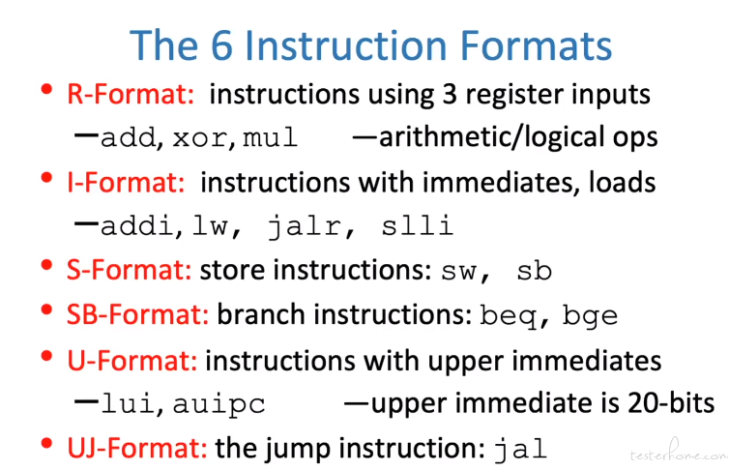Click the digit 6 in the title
coord(221,45)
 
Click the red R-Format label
coord(131,94)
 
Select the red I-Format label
coord(126,182)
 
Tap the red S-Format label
coord(130,270)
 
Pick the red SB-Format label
coord(137,314)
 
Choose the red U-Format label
coord(132,361)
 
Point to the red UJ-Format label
coord(137,448)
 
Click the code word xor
coord(200,138)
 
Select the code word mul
coord(270,137)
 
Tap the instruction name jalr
coord(306,226)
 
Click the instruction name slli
coord(417,225)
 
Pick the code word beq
coord(508,316)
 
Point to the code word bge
coord(590,316)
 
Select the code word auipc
coord(219,404)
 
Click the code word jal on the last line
coord(520,450)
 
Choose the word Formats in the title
coord(536,45)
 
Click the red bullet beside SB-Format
coord(46,309)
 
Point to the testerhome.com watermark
coord(679,453)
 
